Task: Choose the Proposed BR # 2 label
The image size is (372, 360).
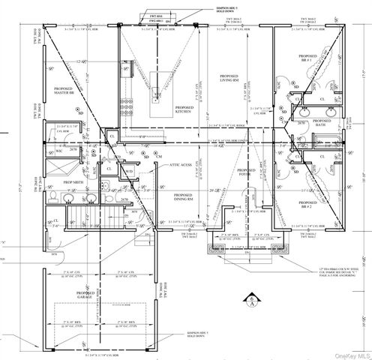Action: pos(307,203)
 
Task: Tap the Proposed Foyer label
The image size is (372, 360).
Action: pos(247,174)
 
